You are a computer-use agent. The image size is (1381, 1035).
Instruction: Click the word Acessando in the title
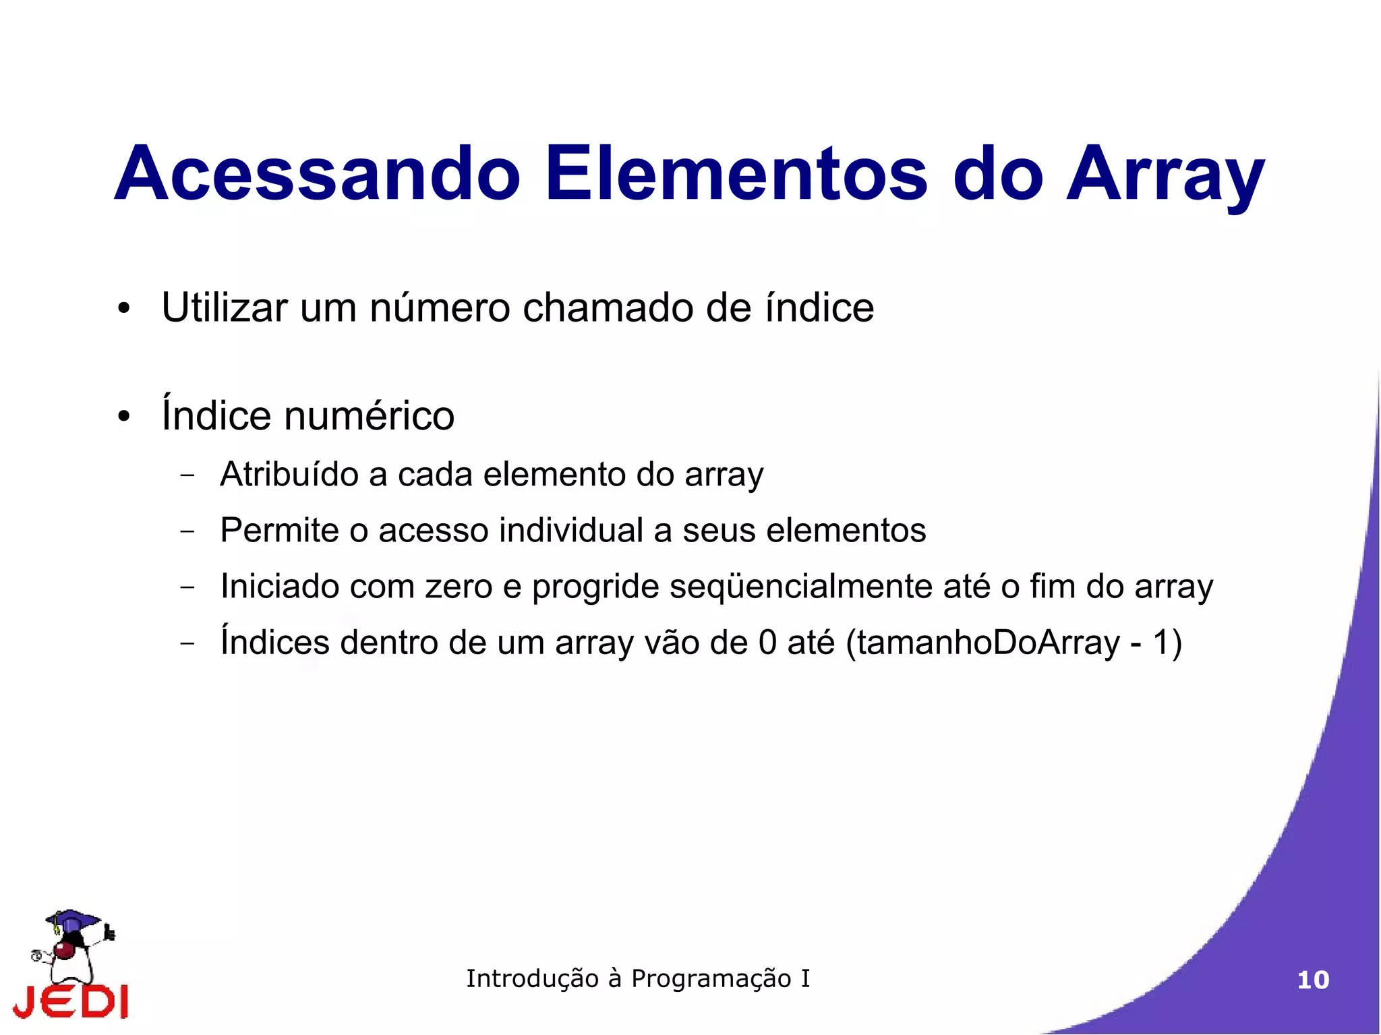click(318, 174)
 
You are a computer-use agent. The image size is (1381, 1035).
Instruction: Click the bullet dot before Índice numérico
click(123, 416)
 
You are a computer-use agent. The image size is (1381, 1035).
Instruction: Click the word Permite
click(279, 530)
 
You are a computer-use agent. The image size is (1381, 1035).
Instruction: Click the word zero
click(459, 586)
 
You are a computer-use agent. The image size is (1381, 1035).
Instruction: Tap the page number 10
click(1313, 980)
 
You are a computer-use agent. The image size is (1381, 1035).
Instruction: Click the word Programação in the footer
click(711, 979)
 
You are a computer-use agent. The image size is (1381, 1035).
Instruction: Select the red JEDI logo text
click(71, 1001)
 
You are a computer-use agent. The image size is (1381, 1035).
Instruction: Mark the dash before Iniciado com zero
click(187, 587)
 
